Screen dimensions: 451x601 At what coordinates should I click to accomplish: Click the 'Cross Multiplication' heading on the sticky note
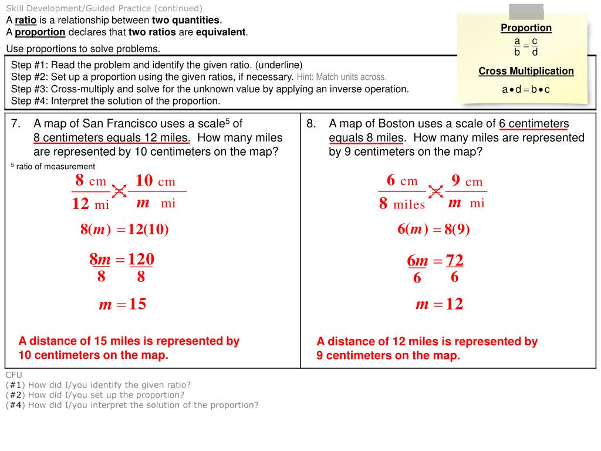pos(526,71)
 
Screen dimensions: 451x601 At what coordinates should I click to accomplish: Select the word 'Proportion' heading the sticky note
pos(526,28)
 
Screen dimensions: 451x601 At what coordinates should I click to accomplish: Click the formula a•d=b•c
pos(526,90)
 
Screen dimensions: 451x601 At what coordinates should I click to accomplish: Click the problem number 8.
pos(311,124)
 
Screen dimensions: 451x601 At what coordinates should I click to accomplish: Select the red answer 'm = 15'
pos(122,304)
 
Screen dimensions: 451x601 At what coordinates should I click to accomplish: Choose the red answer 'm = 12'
pos(439,304)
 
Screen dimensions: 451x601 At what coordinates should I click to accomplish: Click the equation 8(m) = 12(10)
pos(124,230)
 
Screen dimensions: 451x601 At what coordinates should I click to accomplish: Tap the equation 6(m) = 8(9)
pos(433,230)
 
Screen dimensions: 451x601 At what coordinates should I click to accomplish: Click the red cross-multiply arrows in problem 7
pos(119,191)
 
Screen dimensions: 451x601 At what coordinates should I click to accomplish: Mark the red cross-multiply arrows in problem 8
pos(435,191)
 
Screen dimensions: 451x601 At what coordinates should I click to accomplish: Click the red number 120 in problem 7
pos(141,259)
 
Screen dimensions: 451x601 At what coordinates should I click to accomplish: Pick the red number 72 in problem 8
pos(454,260)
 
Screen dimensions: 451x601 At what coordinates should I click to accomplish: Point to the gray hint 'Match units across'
pos(342,77)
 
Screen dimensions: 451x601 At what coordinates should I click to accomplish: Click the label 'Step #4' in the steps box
pos(29,100)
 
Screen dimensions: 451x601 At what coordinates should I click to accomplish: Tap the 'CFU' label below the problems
pos(13,375)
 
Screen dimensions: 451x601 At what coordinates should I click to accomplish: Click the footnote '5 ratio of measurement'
pos(52,166)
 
